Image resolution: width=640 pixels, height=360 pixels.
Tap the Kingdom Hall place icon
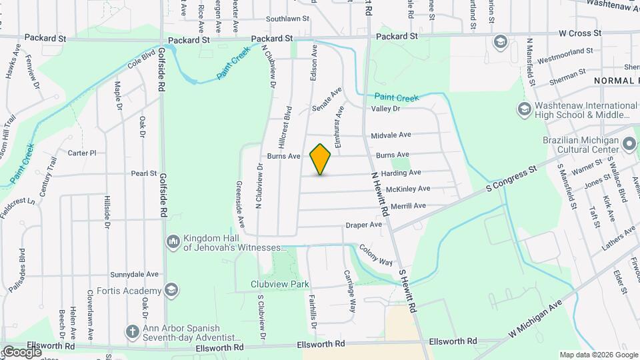pyautogui.click(x=173, y=241)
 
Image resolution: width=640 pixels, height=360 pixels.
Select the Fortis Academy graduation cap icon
pyautogui.click(x=173, y=290)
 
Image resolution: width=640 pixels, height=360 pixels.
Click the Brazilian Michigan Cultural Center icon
pyautogui.click(x=628, y=143)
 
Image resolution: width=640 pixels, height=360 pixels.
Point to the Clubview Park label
pyautogui.click(x=280, y=284)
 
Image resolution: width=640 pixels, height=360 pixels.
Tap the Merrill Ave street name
pyautogui.click(x=408, y=206)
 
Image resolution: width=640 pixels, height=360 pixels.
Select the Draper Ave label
pyautogui.click(x=363, y=225)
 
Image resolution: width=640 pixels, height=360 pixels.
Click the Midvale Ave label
pyautogui.click(x=391, y=135)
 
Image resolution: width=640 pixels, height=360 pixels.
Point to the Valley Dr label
pyautogui.click(x=385, y=109)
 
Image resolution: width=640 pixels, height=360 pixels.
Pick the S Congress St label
pyautogui.click(x=511, y=177)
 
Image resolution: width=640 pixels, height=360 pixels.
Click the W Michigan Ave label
pyautogui.click(x=536, y=318)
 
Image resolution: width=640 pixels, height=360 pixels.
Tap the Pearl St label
pyautogui.click(x=143, y=173)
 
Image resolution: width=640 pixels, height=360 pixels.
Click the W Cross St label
pyautogui.click(x=581, y=32)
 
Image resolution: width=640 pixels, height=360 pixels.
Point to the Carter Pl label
pyautogui.click(x=83, y=153)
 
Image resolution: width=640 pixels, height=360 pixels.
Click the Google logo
pyautogui.click(x=22, y=351)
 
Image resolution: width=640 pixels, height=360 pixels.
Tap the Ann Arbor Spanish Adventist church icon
pyautogui.click(x=133, y=331)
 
